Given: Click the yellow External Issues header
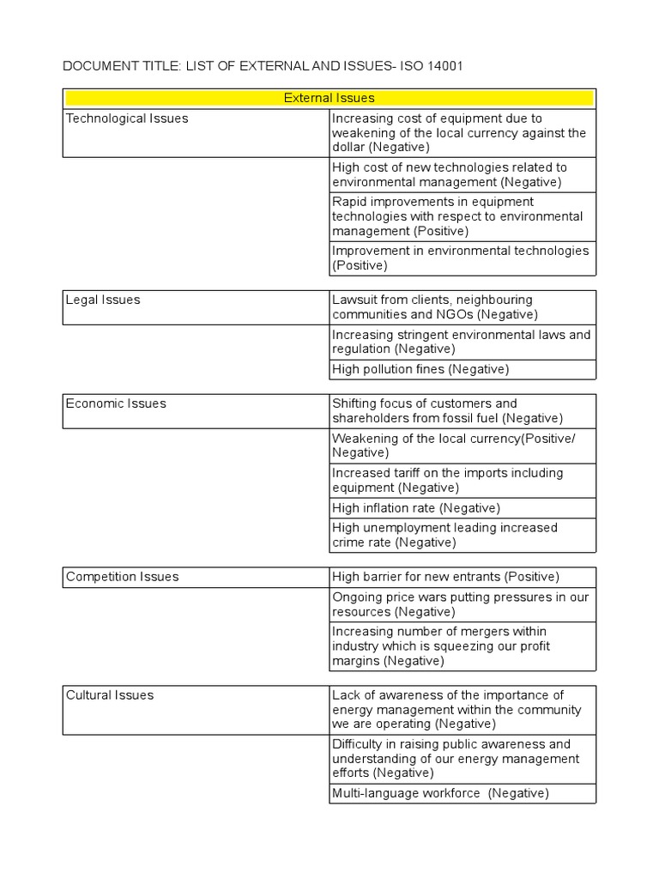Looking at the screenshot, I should (x=329, y=99).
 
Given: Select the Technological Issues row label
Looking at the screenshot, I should (x=127, y=118).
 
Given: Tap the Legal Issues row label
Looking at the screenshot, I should (x=103, y=300).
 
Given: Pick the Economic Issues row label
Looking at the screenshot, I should (x=116, y=403).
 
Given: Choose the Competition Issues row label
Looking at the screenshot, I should (x=123, y=577).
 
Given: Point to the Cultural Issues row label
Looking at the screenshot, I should (x=110, y=695).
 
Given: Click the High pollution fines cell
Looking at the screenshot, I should (x=420, y=369).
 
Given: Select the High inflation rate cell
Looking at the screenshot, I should (x=416, y=508).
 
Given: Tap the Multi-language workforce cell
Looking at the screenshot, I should (x=440, y=794).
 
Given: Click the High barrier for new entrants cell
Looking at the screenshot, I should (x=445, y=577).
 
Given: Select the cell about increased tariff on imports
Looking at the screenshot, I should (x=462, y=481).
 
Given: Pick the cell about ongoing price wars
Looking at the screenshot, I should (x=462, y=604).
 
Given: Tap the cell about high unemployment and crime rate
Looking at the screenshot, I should (x=462, y=535).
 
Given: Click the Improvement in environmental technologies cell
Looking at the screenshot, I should (x=462, y=258).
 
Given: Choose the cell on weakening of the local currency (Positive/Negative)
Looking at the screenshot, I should (x=462, y=446).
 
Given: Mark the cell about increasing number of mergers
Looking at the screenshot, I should (x=462, y=646).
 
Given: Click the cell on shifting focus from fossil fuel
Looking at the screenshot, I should (x=462, y=411).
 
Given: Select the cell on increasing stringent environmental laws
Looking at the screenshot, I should (x=462, y=342).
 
